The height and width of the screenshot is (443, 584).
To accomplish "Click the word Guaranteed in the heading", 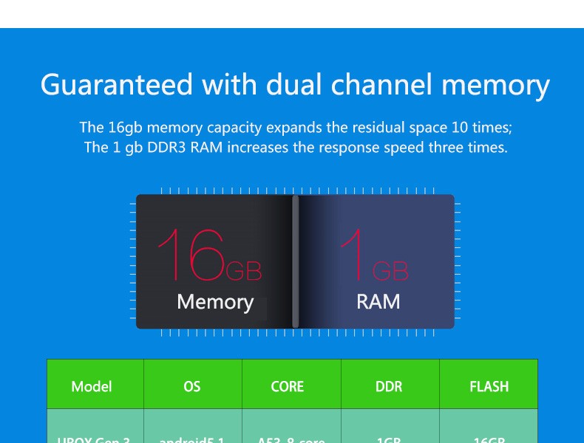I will pos(117,85).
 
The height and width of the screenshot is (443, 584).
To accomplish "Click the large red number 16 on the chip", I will pos(191,255).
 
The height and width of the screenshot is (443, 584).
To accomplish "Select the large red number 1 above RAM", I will pos(354,255).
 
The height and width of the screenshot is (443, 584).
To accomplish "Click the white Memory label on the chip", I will pos(215,302).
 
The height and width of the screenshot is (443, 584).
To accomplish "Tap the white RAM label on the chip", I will pos(378,301).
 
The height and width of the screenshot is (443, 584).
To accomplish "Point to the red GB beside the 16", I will pos(243,272).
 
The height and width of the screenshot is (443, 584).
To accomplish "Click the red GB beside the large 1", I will pos(390,272).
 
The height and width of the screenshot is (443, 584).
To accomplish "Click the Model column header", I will pos(92,386).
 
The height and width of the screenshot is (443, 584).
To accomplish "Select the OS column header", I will pos(191,386).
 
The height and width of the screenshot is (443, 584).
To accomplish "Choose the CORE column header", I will pos(288,386).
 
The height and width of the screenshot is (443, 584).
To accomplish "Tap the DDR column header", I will pos(389,386).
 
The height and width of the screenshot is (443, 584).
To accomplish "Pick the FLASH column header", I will pos(489,386).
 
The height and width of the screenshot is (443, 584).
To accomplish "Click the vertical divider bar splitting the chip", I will pos(296,261).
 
